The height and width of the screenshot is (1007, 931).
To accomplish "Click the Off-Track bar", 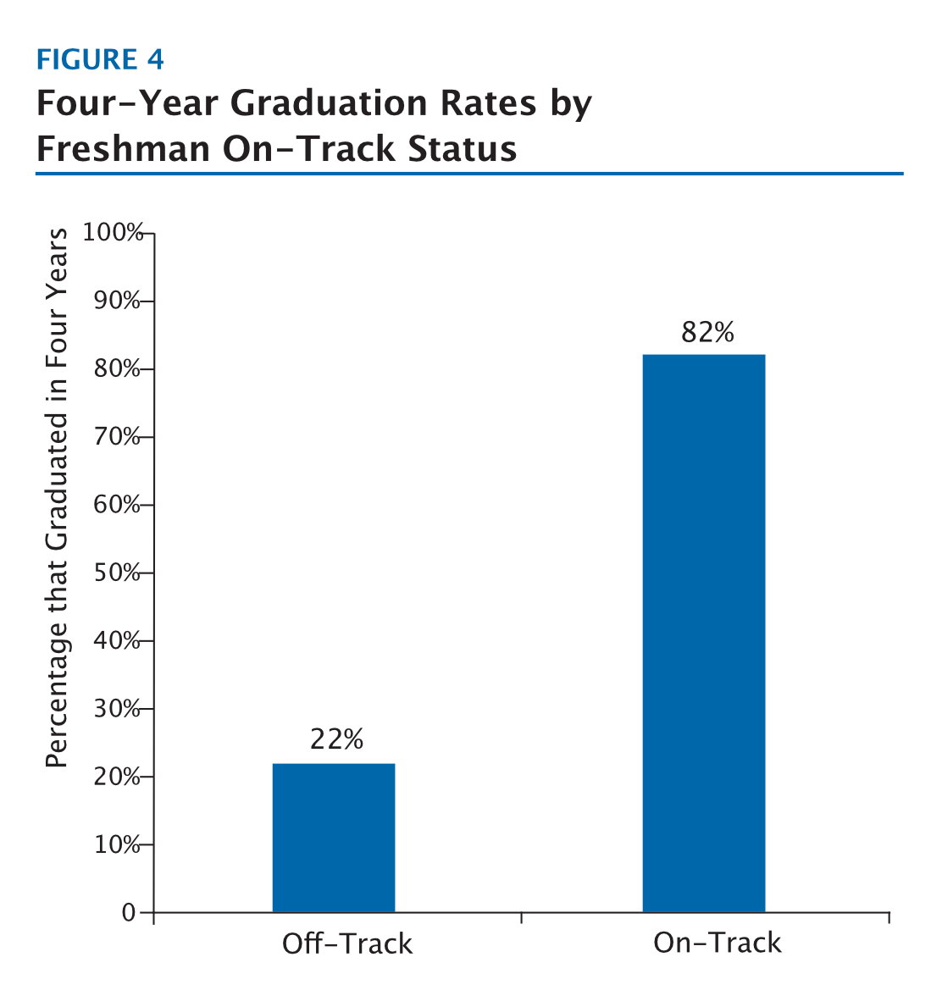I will (333, 838).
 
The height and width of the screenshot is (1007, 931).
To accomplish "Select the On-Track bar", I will (703, 633).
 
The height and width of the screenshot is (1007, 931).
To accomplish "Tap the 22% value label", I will (336, 739).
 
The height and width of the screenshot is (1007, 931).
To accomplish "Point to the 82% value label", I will (707, 332).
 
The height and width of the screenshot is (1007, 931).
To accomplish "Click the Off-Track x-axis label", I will (347, 943).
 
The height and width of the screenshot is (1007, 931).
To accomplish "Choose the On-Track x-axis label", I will (717, 943).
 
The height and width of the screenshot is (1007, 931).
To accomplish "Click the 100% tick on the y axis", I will (114, 233).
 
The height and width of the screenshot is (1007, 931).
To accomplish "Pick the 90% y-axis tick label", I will (117, 302).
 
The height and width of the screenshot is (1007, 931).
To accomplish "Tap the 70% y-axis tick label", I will (117, 437).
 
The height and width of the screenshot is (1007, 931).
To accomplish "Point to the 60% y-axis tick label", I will (117, 505).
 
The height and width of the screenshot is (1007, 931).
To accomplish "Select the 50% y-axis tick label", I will (117, 573).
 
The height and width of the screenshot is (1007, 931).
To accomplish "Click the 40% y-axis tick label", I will (117, 641).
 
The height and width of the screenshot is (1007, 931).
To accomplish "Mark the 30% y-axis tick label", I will (117, 709).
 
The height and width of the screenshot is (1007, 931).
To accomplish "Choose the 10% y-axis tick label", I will (117, 845).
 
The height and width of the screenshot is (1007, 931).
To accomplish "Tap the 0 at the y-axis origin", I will (129, 913).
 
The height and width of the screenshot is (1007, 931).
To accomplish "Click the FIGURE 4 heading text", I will (100, 59).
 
